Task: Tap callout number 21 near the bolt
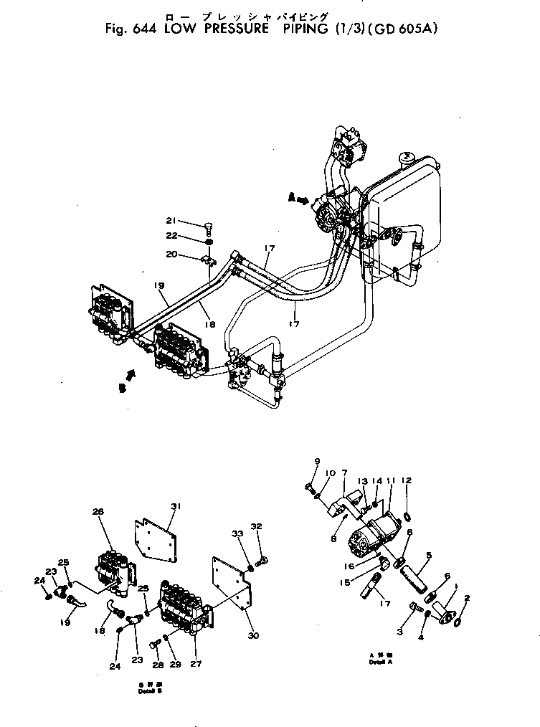coord(170,220)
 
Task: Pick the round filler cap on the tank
coord(406,156)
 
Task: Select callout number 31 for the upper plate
coord(175,505)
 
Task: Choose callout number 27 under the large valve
coord(194,664)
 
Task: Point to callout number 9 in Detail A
coord(316,460)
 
